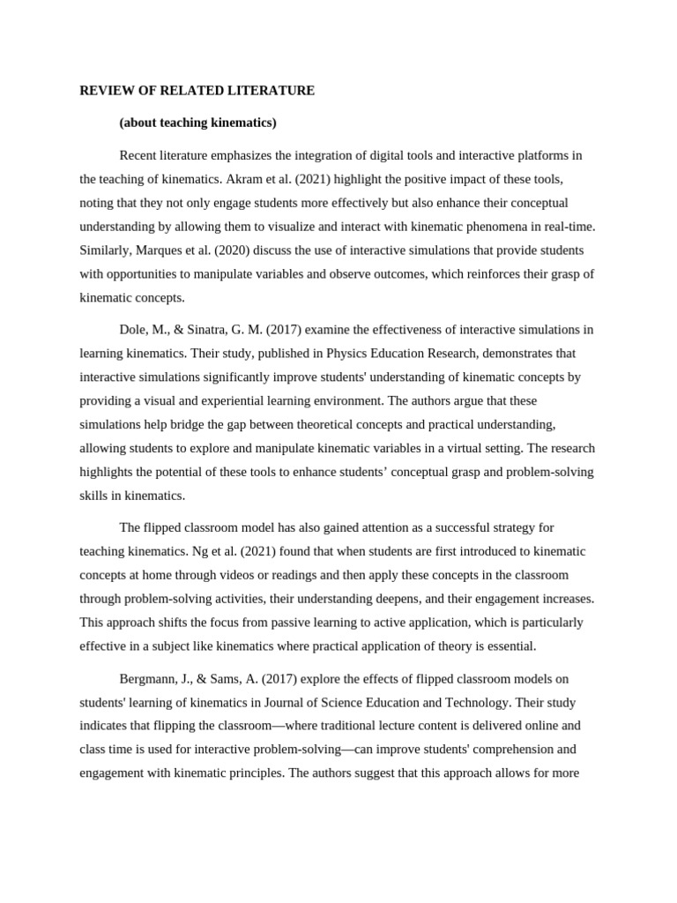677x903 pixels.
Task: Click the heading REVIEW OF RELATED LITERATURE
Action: coord(197,90)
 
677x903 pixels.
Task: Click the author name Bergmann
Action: coord(148,678)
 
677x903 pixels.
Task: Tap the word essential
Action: coord(505,646)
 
